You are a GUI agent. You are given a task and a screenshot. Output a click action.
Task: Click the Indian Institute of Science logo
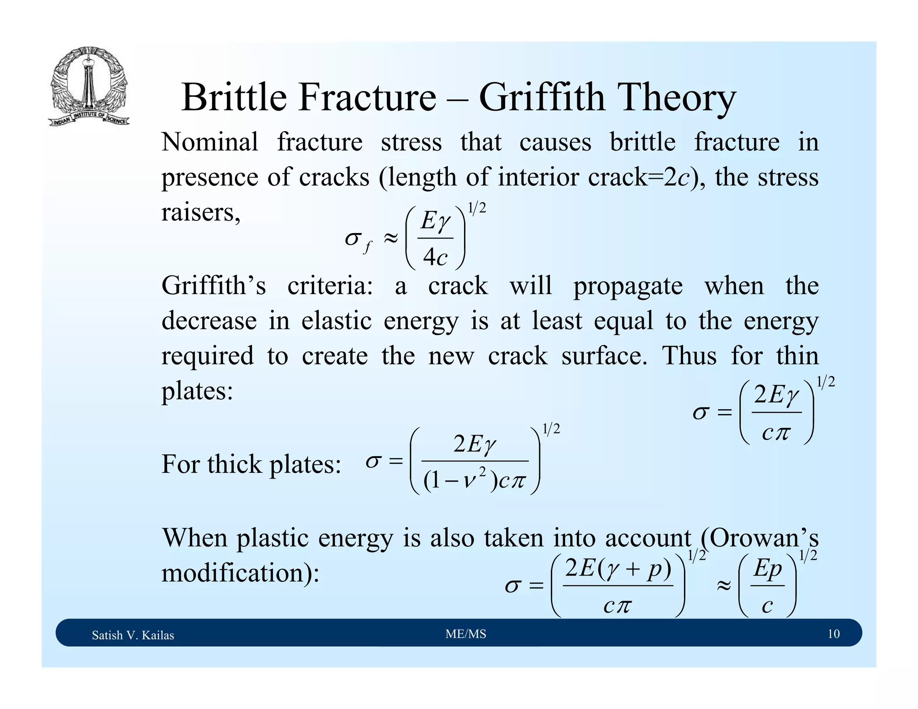(89, 86)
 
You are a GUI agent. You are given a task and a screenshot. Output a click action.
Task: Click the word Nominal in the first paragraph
(210, 143)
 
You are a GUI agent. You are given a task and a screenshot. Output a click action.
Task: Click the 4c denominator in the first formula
(435, 257)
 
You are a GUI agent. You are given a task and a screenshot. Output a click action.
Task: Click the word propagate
(628, 286)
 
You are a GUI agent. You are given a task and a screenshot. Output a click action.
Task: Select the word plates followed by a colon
(197, 391)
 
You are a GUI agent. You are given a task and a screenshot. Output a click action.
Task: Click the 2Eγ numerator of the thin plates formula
(776, 395)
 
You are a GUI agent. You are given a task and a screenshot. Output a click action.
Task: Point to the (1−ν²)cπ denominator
(475, 481)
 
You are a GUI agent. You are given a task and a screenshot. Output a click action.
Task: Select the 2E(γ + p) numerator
(618, 568)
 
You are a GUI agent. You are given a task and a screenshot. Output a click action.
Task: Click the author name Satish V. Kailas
(133, 635)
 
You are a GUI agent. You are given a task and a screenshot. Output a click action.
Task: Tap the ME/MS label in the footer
(466, 634)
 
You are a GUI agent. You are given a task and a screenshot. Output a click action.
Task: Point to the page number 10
(833, 634)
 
